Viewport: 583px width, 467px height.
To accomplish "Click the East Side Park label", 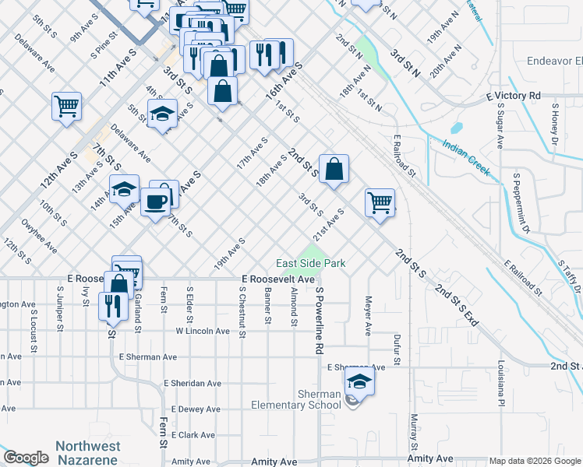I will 311,264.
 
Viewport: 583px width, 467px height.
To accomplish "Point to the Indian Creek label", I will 466,155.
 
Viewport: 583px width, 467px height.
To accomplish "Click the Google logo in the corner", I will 26,458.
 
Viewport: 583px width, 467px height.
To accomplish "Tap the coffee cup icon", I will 155,202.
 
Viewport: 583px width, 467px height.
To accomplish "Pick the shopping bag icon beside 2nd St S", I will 334,169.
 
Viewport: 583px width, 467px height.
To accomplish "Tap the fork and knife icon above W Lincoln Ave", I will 111,306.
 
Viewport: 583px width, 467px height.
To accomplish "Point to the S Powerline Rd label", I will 319,320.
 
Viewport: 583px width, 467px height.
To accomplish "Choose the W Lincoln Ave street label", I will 202,331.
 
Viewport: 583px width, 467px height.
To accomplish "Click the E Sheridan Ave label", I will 193,383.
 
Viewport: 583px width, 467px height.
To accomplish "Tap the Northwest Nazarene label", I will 88,452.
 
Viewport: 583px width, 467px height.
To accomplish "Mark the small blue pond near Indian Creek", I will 456,127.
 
